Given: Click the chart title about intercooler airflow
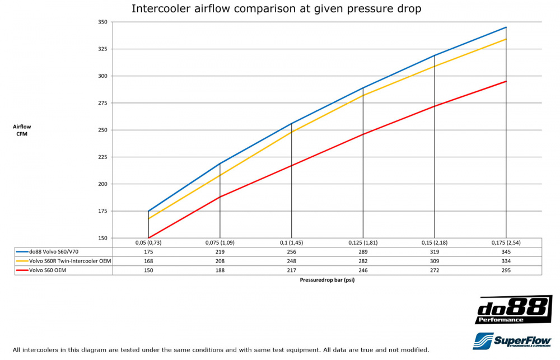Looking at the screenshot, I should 276,9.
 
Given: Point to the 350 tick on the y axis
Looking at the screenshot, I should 102,22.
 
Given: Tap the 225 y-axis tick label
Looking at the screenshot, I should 102,157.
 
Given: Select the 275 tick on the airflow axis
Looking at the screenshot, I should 102,103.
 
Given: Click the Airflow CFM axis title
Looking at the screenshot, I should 20,130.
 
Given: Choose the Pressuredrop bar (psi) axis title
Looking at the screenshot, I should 326,280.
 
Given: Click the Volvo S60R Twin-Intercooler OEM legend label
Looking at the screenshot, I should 68,261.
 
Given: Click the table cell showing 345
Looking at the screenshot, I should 506,252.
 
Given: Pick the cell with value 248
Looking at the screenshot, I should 291,261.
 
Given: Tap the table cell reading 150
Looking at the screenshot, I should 148,270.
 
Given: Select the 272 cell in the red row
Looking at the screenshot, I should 434,270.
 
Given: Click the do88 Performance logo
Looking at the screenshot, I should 512,310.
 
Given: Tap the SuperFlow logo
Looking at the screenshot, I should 512,340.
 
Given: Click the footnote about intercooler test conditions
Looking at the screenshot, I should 221,350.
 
